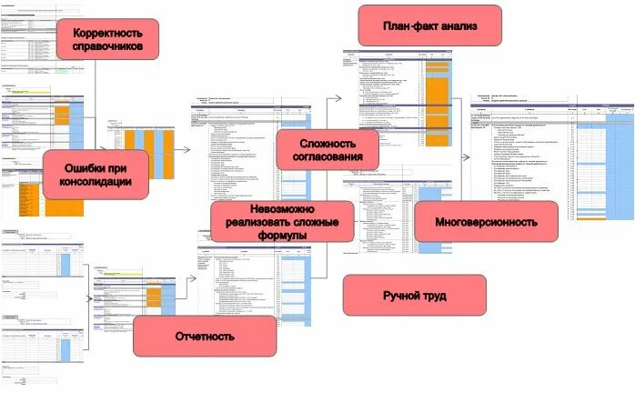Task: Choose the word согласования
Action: point(328,157)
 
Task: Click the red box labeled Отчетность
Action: point(205,337)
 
